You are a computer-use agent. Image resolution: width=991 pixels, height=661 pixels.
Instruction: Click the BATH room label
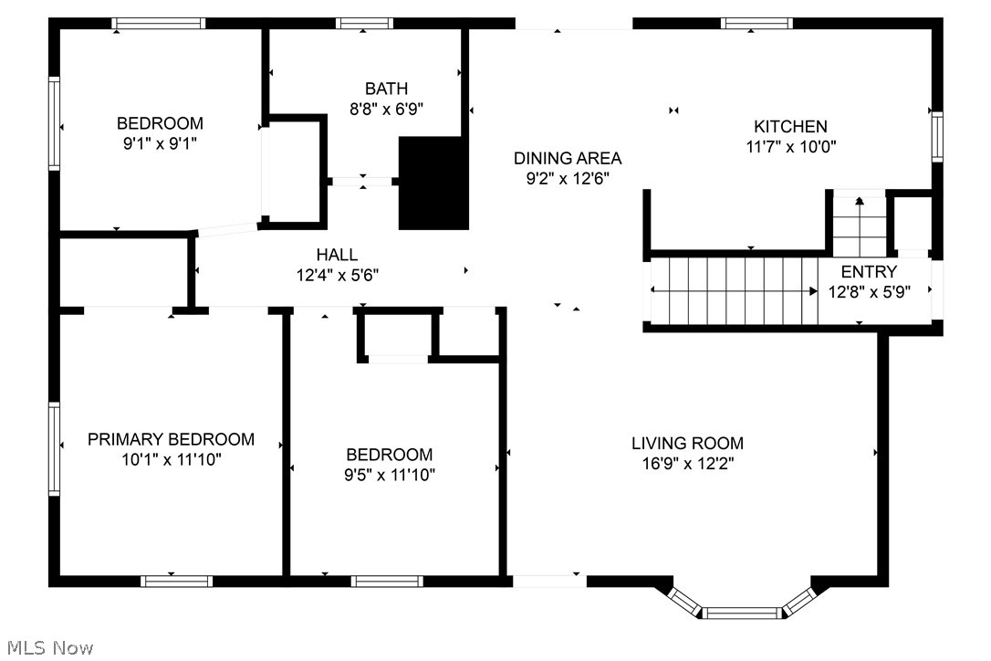[386, 89]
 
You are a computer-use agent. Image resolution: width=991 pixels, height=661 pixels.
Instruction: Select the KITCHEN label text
[790, 127]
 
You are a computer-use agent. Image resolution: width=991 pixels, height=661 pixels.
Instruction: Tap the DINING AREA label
[567, 158]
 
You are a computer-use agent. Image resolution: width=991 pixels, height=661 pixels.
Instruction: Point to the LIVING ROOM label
[687, 444]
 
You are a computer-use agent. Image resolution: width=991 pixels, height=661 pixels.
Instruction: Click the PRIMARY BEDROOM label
[171, 439]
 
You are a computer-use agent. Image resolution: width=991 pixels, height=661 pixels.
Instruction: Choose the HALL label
[337, 255]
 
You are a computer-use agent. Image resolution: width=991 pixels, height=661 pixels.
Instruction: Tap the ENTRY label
[869, 271]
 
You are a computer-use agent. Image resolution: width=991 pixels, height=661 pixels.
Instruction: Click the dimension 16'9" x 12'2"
[687, 463]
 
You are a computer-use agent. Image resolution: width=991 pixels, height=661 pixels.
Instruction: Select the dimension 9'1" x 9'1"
[160, 142]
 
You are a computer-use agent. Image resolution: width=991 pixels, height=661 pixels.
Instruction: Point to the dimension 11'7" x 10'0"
[790, 146]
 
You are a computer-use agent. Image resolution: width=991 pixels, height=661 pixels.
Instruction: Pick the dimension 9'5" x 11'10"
[389, 475]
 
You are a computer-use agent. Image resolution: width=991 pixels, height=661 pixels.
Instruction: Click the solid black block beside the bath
[433, 183]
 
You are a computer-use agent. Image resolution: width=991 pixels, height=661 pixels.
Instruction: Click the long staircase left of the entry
[735, 290]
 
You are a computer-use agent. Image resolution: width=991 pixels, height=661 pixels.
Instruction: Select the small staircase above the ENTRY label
[859, 223]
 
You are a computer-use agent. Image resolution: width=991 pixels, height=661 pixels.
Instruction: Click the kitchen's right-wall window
[936, 137]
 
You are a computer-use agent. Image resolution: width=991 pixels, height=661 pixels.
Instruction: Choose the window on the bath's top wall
[364, 24]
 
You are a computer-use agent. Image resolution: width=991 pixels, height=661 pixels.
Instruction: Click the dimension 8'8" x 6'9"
[386, 108]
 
